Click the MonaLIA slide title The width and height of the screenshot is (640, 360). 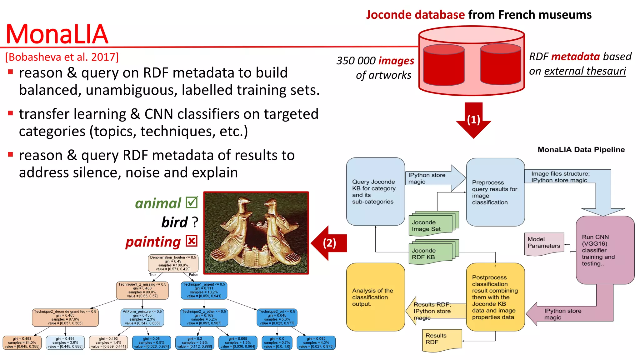coord(57,34)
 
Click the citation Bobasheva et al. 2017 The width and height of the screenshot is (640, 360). coord(62,57)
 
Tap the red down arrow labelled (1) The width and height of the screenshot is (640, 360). coord(473,120)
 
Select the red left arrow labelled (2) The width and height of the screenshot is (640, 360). coord(329,243)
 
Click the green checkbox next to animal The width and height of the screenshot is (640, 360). coord(192,202)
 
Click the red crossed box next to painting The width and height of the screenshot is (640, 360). coord(191,241)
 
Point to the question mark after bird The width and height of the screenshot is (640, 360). coord(195,222)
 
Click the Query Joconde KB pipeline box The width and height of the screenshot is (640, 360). coord(375,191)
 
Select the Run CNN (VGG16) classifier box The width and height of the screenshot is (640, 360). coord(605,250)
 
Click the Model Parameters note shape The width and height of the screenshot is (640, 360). coord(544,243)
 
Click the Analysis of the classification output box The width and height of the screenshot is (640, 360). coord(375,297)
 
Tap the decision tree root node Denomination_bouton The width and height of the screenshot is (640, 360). coord(173,263)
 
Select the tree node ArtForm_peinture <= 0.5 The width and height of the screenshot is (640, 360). coord(142,317)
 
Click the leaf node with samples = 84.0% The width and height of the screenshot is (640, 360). coord(22,342)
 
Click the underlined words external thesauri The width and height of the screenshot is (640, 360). coord(585,71)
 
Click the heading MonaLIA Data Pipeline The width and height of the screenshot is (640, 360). coord(581,150)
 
